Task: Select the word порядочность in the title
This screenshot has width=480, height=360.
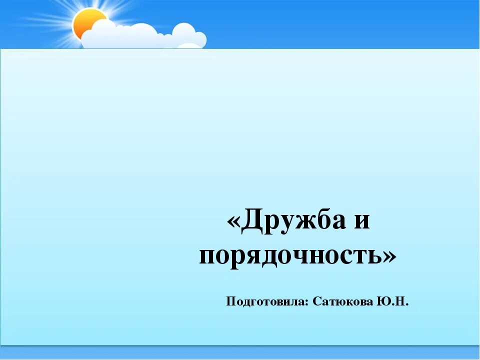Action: [290, 256]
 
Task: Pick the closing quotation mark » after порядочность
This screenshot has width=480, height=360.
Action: [390, 256]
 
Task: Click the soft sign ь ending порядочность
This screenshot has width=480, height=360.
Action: [373, 256]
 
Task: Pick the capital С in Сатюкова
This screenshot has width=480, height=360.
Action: [316, 301]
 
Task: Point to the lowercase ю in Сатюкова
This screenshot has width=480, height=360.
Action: [338, 302]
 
